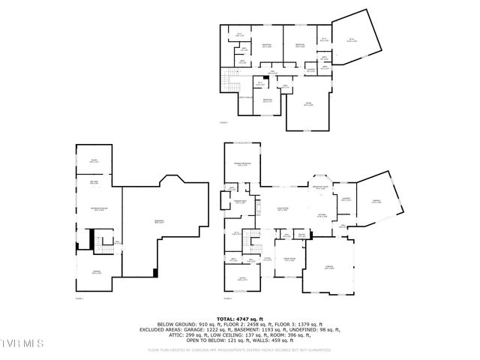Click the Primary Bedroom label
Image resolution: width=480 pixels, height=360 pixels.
pyautogui.click(x=241, y=164)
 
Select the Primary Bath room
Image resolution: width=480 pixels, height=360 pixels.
pyautogui.click(x=240, y=201)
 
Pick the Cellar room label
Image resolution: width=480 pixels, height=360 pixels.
pyautogui.click(x=94, y=160)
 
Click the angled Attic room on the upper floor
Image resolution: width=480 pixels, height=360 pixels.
pyautogui.click(x=352, y=40)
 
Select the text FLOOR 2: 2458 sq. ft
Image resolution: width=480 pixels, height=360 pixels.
pyautogui.click(x=253, y=324)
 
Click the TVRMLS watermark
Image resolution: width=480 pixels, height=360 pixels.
pyautogui.click(x=22, y=343)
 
